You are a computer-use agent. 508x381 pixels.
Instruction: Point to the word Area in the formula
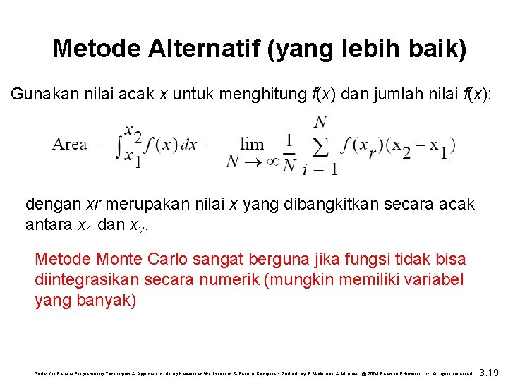tap(69, 145)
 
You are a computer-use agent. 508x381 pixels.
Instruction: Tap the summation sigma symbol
tap(320, 146)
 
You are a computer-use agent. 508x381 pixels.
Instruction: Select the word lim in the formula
tap(252, 144)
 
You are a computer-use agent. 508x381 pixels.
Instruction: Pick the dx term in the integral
tap(188, 145)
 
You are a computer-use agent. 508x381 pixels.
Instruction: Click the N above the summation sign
tap(320, 121)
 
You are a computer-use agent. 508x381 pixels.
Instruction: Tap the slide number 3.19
tap(489, 371)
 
